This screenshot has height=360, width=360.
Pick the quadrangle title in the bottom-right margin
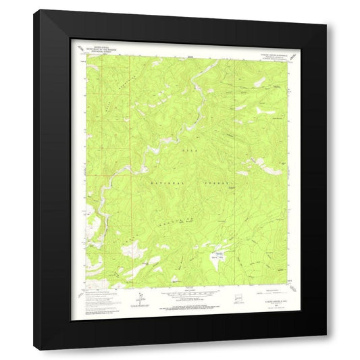tap(269, 292)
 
